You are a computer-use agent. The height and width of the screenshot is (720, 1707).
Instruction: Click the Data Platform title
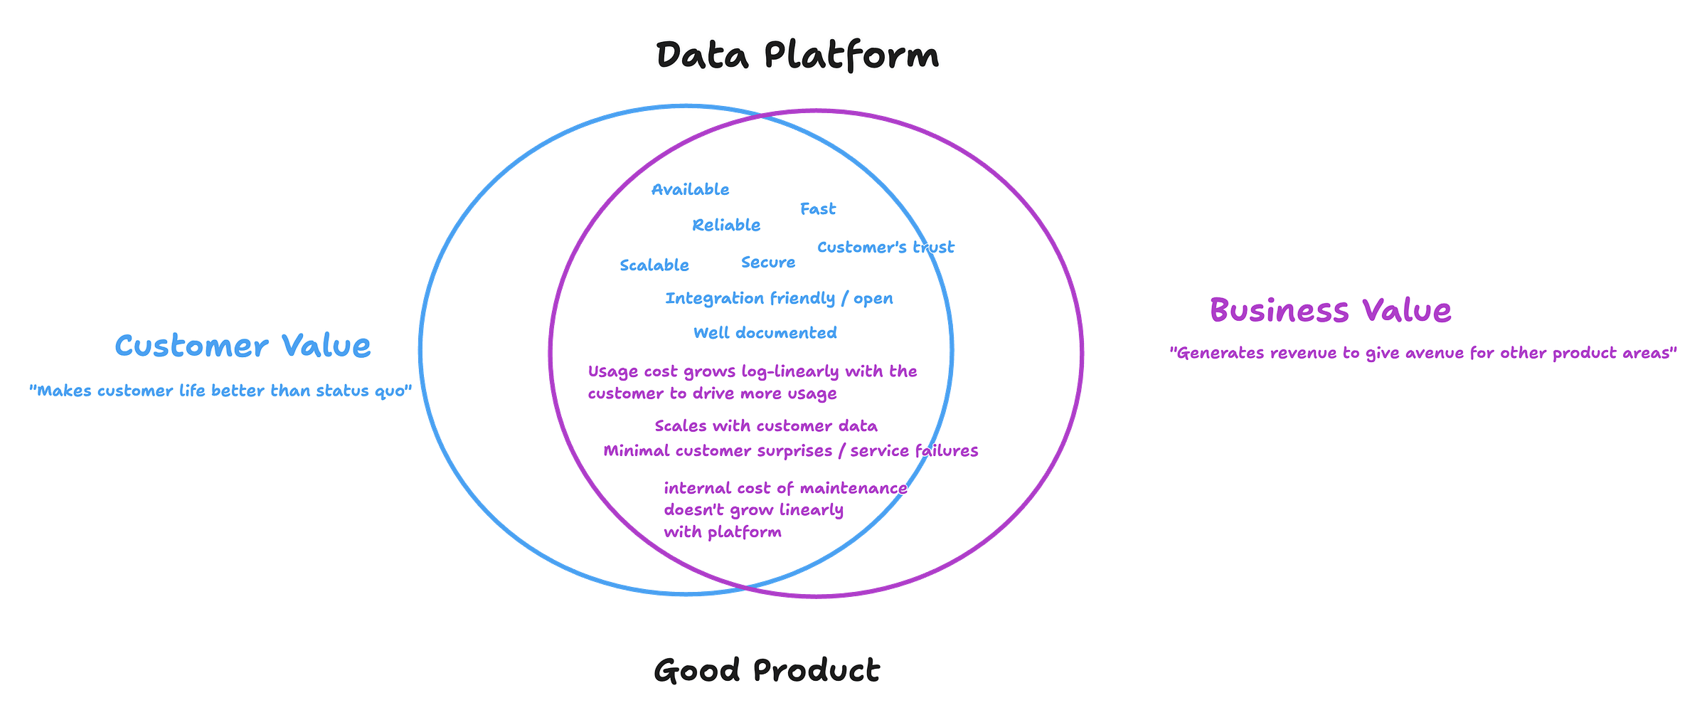tap(797, 55)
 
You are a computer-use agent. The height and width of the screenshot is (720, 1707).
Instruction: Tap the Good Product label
tap(767, 670)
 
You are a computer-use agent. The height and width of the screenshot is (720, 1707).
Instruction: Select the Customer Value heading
tap(243, 346)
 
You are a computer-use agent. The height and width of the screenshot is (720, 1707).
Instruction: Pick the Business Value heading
tap(1331, 310)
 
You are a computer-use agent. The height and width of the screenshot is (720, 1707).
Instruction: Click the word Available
tap(690, 189)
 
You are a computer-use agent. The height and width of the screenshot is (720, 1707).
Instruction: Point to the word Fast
tap(818, 209)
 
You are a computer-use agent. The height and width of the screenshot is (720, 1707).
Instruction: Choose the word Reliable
tap(726, 225)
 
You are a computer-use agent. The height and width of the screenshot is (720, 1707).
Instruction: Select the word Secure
tap(768, 263)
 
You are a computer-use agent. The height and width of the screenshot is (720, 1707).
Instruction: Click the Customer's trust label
tap(886, 247)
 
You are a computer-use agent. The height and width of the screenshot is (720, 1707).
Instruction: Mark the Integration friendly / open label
tap(780, 298)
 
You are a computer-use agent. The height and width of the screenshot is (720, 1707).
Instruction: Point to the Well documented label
tap(765, 332)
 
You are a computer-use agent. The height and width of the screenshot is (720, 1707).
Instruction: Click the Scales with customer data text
tap(766, 425)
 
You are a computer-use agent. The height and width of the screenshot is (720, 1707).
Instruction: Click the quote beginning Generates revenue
tap(1423, 353)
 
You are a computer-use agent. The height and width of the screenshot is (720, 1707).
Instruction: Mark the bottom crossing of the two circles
tap(745, 588)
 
